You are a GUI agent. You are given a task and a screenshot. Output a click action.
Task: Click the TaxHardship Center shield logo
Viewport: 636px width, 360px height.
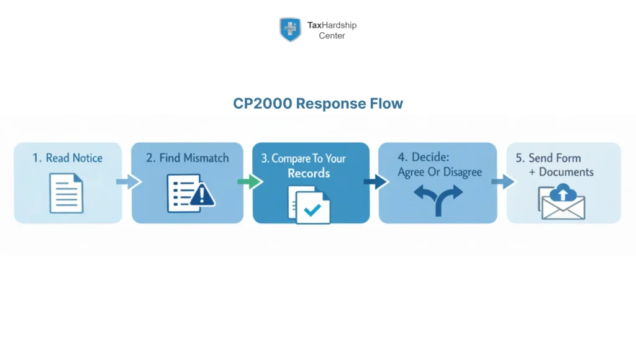coord(290,29)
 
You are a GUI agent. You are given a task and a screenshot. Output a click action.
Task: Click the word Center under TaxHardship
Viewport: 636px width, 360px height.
coord(332,35)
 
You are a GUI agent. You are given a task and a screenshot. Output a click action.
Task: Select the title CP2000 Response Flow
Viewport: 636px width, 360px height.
coord(318,104)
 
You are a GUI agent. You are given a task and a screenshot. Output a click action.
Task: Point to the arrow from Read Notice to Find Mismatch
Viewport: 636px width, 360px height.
coord(128,182)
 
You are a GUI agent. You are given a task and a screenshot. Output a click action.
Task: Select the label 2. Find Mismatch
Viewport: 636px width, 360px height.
coord(187,158)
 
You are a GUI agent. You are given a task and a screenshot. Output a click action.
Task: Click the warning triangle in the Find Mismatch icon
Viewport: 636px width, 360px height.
coord(202,197)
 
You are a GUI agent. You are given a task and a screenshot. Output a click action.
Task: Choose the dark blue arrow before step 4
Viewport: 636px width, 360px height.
coord(375,182)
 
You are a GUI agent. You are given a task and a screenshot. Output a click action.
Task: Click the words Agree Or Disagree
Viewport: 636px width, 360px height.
coord(440,172)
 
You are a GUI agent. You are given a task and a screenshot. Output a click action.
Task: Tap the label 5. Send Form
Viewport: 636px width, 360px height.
coord(548,158)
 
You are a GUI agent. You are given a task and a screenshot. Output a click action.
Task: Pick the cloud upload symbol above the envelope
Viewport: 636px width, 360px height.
coord(563,193)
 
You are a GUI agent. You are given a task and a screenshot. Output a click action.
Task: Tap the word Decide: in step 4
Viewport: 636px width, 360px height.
coord(419,158)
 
